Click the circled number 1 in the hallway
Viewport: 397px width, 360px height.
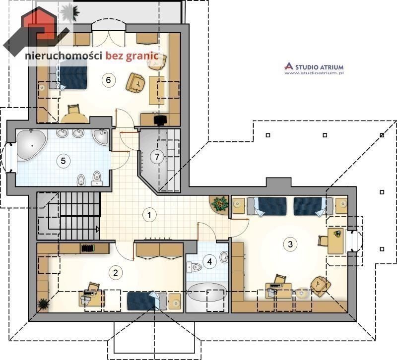pyautogui.click(x=149, y=215)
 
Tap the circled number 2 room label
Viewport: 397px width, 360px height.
pyautogui.click(x=116, y=273)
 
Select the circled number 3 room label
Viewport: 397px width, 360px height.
pyautogui.click(x=290, y=244)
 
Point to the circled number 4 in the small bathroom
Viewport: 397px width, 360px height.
pyautogui.click(x=209, y=262)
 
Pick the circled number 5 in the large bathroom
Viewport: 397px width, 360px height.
pyautogui.click(x=64, y=161)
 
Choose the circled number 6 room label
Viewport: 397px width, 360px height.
pyautogui.click(x=108, y=80)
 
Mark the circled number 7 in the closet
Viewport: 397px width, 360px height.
pyautogui.click(x=157, y=157)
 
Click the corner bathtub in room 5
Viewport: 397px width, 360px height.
pyautogui.click(x=31, y=145)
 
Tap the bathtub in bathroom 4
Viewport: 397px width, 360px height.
pyautogui.click(x=207, y=292)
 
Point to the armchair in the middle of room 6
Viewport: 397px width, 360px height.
pyautogui.click(x=135, y=83)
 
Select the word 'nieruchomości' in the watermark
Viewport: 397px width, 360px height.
pyautogui.click(x=64, y=56)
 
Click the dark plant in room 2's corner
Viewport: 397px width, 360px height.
pyautogui.click(x=43, y=304)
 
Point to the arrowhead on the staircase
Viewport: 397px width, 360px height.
pyautogui.click(x=97, y=229)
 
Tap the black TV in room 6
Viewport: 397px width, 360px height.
pyautogui.click(x=160, y=120)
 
